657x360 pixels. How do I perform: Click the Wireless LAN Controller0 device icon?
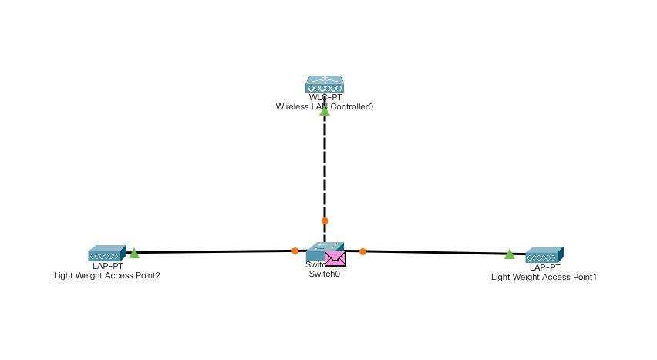(324, 83)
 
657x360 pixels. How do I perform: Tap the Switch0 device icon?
(318, 251)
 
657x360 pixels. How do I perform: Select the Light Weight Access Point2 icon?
(106, 254)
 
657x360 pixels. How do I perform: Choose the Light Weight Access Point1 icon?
(544, 255)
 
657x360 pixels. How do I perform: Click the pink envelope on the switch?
(335, 258)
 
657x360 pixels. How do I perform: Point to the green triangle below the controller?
(325, 111)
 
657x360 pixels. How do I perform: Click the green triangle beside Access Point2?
(134, 253)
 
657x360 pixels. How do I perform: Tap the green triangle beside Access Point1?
(510, 254)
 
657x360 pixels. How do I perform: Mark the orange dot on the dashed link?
(325, 220)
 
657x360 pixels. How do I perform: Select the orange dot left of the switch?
(295, 251)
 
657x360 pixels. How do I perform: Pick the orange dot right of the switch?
(362, 251)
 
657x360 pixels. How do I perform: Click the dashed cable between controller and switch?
(325, 170)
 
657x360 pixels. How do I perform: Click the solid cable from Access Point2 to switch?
(216, 251)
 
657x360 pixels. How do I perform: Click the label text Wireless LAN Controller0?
(325, 107)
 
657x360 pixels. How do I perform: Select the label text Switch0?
(324, 274)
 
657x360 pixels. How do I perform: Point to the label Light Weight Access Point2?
(107, 275)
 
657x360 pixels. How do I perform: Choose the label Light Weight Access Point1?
(544, 277)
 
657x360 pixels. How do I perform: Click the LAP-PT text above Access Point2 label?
(107, 266)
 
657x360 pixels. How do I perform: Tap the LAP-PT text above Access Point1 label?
(544, 267)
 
